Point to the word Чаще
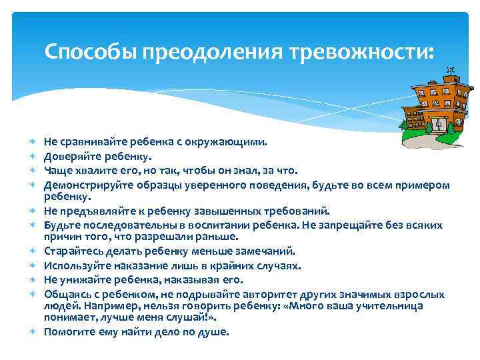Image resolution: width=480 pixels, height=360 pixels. (x=57, y=171)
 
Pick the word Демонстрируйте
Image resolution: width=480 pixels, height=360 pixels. (x=88, y=185)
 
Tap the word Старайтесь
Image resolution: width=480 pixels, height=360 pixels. (x=72, y=251)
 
